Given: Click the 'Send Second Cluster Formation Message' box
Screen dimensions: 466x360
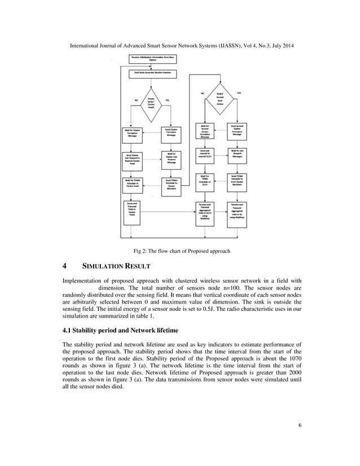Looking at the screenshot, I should click(x=237, y=130).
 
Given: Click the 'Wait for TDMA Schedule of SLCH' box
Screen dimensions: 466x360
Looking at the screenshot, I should click(x=204, y=183).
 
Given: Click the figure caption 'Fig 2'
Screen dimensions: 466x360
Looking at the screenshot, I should click(x=140, y=250).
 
